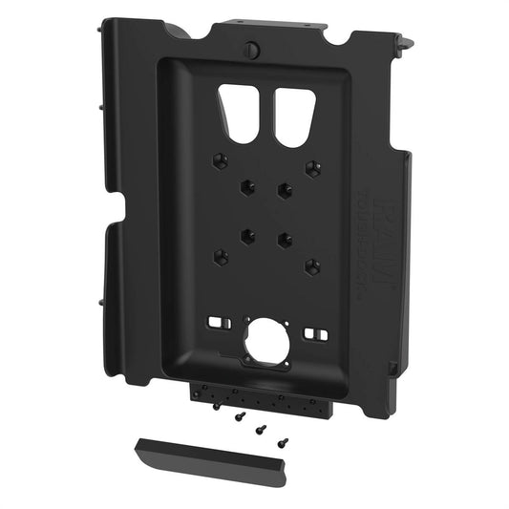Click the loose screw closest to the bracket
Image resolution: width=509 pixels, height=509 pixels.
click(218, 405)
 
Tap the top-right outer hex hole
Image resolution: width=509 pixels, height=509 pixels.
click(311, 169)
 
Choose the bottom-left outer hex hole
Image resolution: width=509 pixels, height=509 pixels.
click(222, 257)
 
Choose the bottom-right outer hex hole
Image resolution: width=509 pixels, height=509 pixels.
click(310, 265)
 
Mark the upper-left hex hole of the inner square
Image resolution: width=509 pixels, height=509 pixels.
click(247, 184)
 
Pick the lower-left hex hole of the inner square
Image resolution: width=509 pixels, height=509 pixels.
click(246, 232)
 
